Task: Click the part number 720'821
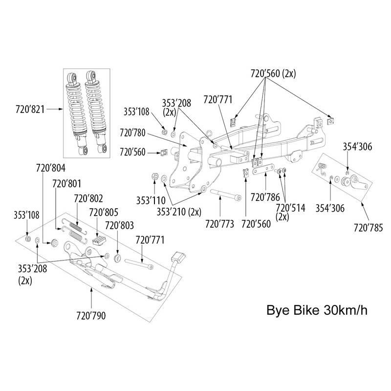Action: pyautogui.click(x=44, y=110)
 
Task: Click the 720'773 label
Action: pyautogui.click(x=219, y=224)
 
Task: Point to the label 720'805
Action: pyautogui.click(x=102, y=213)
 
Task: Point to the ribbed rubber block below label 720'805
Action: pyautogui.click(x=100, y=240)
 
